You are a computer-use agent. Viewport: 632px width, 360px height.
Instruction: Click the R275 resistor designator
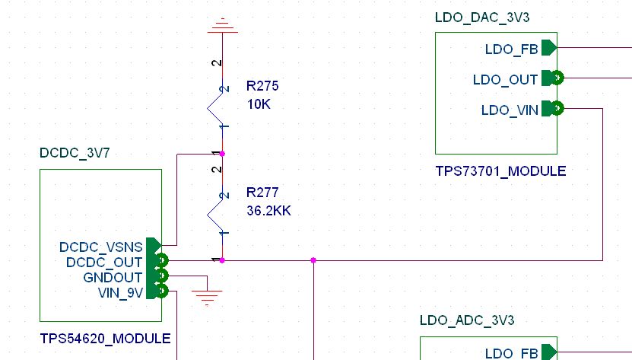click(x=262, y=86)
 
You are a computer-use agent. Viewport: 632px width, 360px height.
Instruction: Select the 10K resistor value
click(x=258, y=104)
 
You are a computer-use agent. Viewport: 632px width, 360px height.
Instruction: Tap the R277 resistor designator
click(x=262, y=193)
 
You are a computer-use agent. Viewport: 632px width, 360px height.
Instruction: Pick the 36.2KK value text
click(x=268, y=210)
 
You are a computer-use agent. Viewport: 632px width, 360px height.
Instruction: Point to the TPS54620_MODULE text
click(x=105, y=338)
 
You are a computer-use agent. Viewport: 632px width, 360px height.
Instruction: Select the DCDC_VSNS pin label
click(x=101, y=247)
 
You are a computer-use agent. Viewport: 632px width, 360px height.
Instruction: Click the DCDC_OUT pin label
click(x=105, y=263)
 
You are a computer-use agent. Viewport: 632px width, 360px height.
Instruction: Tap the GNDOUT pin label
click(x=113, y=277)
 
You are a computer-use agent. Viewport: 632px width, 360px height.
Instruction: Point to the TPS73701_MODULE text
click(x=500, y=170)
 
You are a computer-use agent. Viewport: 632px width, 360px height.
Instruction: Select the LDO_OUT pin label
click(x=505, y=79)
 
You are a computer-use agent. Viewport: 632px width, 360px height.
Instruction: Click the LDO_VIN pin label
click(x=510, y=110)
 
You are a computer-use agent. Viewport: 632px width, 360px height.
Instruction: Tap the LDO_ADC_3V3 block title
click(x=467, y=321)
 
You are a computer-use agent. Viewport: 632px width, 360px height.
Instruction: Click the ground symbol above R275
click(x=222, y=27)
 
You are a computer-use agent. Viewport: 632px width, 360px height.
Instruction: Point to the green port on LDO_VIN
click(x=556, y=109)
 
